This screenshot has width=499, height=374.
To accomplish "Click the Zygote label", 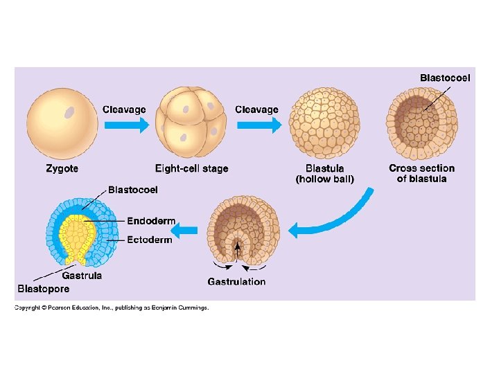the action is [x=62, y=168].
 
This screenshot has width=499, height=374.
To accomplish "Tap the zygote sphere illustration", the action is [x=61, y=125].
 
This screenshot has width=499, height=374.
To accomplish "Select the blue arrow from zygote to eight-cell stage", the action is [x=125, y=125].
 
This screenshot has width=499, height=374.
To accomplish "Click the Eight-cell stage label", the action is [x=191, y=168].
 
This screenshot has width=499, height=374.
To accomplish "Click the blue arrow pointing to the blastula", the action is [x=259, y=125].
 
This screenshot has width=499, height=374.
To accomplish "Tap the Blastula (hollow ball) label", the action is [x=324, y=173].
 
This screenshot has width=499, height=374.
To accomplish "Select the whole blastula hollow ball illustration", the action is [x=324, y=123].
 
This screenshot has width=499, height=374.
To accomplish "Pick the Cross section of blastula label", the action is [x=421, y=173].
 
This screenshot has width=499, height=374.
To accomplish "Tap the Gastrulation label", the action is [x=236, y=281].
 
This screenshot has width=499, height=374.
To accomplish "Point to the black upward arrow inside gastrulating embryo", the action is [x=238, y=249].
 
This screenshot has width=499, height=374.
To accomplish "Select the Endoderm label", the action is [x=151, y=221].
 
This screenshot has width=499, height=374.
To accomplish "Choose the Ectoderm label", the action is [x=150, y=240].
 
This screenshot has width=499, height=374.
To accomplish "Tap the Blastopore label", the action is [x=43, y=289].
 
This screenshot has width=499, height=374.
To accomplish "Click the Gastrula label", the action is [x=83, y=275].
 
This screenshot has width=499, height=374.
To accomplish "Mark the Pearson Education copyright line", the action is [x=112, y=308].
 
